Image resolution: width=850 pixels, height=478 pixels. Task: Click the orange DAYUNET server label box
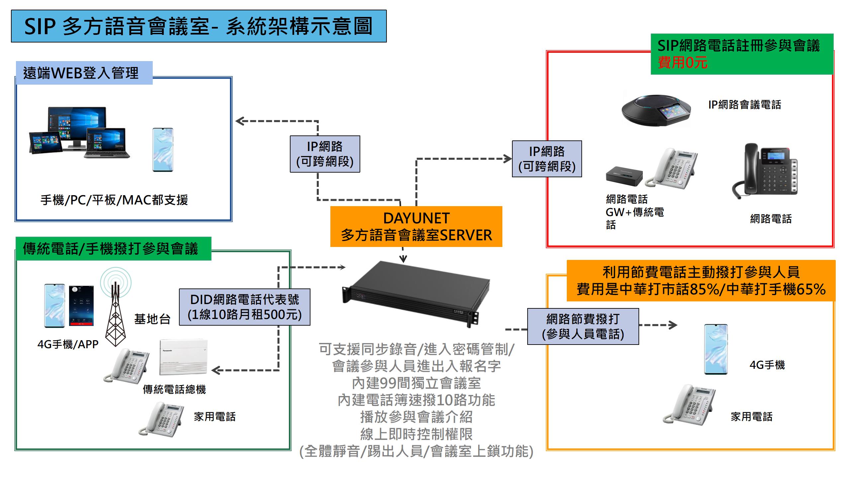point(416,226)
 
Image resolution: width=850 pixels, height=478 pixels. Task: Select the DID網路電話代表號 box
point(244,307)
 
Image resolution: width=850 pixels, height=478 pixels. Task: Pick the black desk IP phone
point(764,171)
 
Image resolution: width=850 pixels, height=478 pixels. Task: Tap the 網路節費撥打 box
point(583,326)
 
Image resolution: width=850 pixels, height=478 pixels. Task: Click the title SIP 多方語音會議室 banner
point(199,26)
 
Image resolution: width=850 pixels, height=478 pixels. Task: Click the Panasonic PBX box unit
point(183,357)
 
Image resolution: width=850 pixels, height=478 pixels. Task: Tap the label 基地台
point(152,319)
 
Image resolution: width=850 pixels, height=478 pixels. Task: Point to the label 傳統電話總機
point(174,389)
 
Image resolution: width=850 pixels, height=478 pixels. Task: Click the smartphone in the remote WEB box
point(163,150)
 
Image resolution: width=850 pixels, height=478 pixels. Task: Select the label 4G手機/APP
point(68,344)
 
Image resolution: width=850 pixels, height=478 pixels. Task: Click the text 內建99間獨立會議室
point(416,383)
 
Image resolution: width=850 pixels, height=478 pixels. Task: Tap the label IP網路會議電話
point(744,105)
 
